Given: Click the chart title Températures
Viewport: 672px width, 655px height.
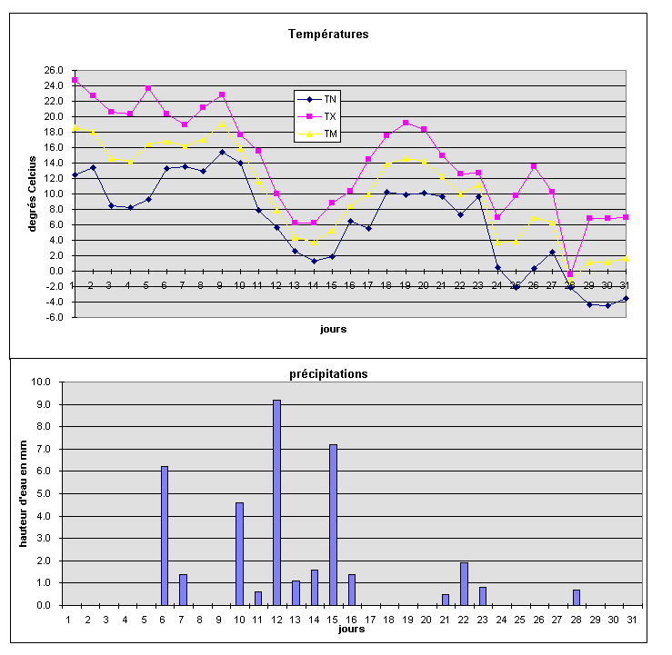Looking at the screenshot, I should (327, 34).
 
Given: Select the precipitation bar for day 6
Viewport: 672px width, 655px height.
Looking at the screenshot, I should (165, 535).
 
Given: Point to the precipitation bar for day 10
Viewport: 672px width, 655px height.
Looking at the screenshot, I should (239, 553).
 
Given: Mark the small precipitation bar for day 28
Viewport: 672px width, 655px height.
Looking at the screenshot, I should (577, 597).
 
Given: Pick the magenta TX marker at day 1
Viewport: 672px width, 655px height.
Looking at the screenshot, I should (75, 80).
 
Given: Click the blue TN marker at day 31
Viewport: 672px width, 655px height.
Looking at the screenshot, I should (626, 298).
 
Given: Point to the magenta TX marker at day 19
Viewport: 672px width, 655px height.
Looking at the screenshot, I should (406, 123).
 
